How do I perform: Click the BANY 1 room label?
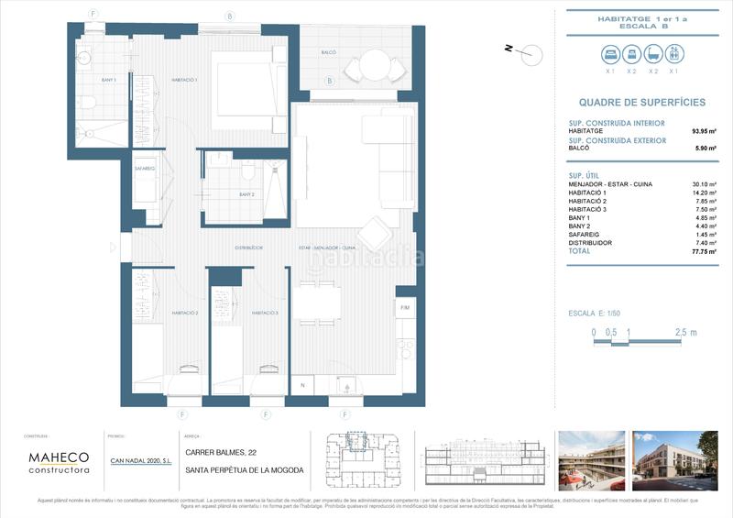tap(109, 81)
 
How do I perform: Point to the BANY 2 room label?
tap(246, 194)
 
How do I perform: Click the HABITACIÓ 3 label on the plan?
tap(265, 313)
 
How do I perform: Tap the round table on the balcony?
tap(373, 65)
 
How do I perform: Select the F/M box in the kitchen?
tap(406, 308)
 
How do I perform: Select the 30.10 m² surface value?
tap(705, 184)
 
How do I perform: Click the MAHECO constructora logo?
tap(59, 462)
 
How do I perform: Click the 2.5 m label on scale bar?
tap(686, 332)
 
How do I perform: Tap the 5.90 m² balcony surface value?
tap(705, 148)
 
